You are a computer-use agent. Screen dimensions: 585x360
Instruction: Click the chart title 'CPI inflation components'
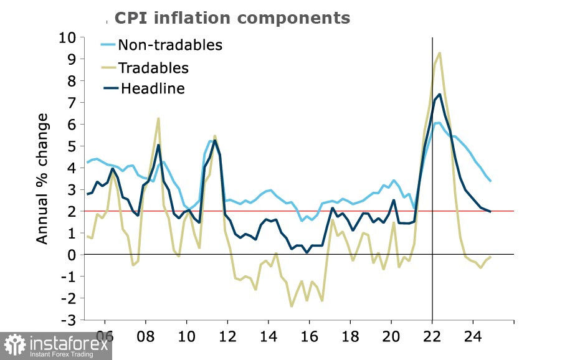232,17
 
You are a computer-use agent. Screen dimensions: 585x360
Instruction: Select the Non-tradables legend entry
161,45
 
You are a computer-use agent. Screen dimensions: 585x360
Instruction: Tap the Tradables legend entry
145,67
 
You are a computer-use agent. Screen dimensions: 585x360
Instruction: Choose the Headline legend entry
144,88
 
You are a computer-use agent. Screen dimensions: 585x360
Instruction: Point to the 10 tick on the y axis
67,37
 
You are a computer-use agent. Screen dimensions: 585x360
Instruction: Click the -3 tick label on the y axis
68,320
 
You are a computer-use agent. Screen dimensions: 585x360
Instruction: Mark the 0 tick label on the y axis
72,255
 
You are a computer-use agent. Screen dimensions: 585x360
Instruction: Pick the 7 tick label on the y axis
72,103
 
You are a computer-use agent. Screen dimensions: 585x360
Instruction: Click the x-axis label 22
432,336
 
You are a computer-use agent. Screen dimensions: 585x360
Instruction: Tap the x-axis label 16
309,336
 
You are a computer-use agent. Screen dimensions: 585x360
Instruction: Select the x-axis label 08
146,336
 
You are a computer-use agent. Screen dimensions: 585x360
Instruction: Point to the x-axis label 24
473,336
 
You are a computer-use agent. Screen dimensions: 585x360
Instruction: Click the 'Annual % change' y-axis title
42,179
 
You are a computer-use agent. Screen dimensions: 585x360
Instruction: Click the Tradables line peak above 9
440,53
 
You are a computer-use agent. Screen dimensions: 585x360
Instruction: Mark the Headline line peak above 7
440,95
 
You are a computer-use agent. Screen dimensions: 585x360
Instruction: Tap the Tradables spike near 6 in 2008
158,118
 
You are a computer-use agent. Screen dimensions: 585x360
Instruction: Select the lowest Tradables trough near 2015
292,306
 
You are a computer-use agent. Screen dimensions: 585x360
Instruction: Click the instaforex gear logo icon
15,344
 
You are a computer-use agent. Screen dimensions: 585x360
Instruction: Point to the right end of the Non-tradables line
490,181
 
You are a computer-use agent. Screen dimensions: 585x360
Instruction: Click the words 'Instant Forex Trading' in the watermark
62,354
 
